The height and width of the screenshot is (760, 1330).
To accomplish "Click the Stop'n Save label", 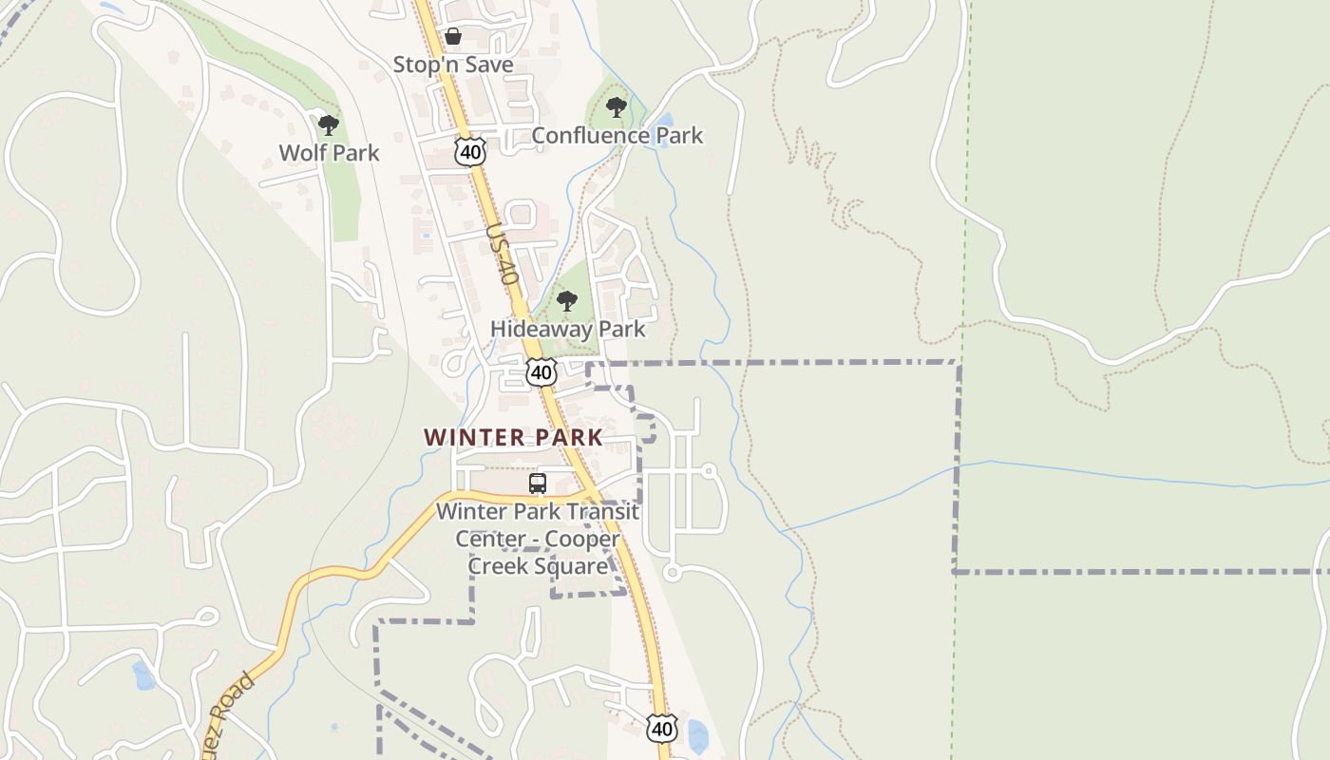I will coord(453,65).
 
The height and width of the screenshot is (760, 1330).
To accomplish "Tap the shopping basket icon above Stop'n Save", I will coord(453,37).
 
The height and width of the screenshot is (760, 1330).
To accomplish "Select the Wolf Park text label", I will coord(329,152).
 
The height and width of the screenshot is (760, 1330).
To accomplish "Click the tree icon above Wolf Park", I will coord(329,124).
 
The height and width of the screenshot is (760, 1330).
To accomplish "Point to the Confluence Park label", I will coord(617,135).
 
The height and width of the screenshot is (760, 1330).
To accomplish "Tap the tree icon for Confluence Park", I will coord(617,107).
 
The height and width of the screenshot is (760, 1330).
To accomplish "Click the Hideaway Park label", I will coord(567,329).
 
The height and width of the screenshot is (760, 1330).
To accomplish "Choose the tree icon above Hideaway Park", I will coord(567,302).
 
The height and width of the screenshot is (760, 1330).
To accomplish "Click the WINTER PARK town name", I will coord(513,437).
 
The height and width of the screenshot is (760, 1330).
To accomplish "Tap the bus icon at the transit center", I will coord(538,484).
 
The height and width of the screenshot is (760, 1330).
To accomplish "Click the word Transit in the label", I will coord(600,511).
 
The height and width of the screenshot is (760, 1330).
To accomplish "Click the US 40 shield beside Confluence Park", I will coord(470,151).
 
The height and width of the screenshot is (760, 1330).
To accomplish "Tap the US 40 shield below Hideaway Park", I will coord(541,371).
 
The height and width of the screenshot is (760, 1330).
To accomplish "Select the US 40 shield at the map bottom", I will coord(662,729).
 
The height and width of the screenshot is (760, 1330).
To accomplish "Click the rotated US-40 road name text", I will coord(502,254).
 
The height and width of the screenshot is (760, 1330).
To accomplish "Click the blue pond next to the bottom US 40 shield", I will coord(697,736).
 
